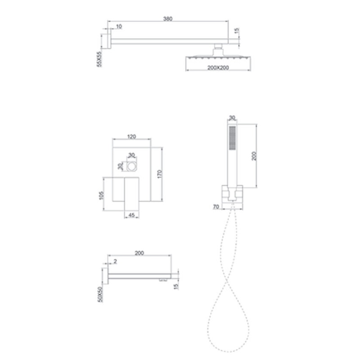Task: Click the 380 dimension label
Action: [x=167, y=18]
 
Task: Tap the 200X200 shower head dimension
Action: [x=218, y=68]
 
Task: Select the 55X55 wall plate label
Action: [x=99, y=59]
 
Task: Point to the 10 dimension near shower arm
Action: [x=119, y=27]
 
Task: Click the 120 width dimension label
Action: [x=131, y=137]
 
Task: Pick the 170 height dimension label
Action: [x=160, y=174]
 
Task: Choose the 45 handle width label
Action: [x=131, y=215]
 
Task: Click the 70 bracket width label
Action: [x=216, y=207]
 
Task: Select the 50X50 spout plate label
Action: [x=100, y=295]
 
